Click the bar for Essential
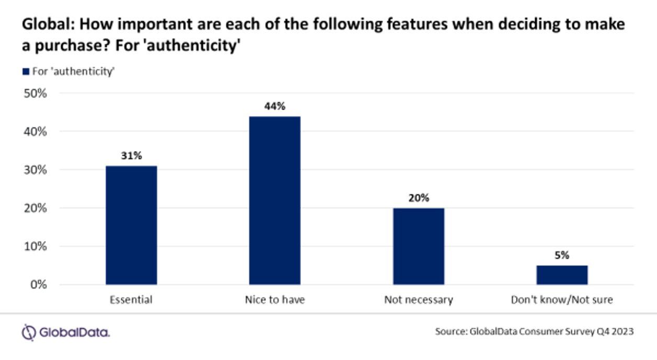[131, 225]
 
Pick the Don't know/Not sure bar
[562, 275]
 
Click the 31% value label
[131, 155]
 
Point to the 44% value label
[275, 106]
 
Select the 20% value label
[418, 198]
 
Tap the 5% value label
[562, 255]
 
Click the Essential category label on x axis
[131, 300]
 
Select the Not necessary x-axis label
[418, 300]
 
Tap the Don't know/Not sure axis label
[562, 300]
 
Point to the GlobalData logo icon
[28, 332]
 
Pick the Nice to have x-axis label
[275, 300]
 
